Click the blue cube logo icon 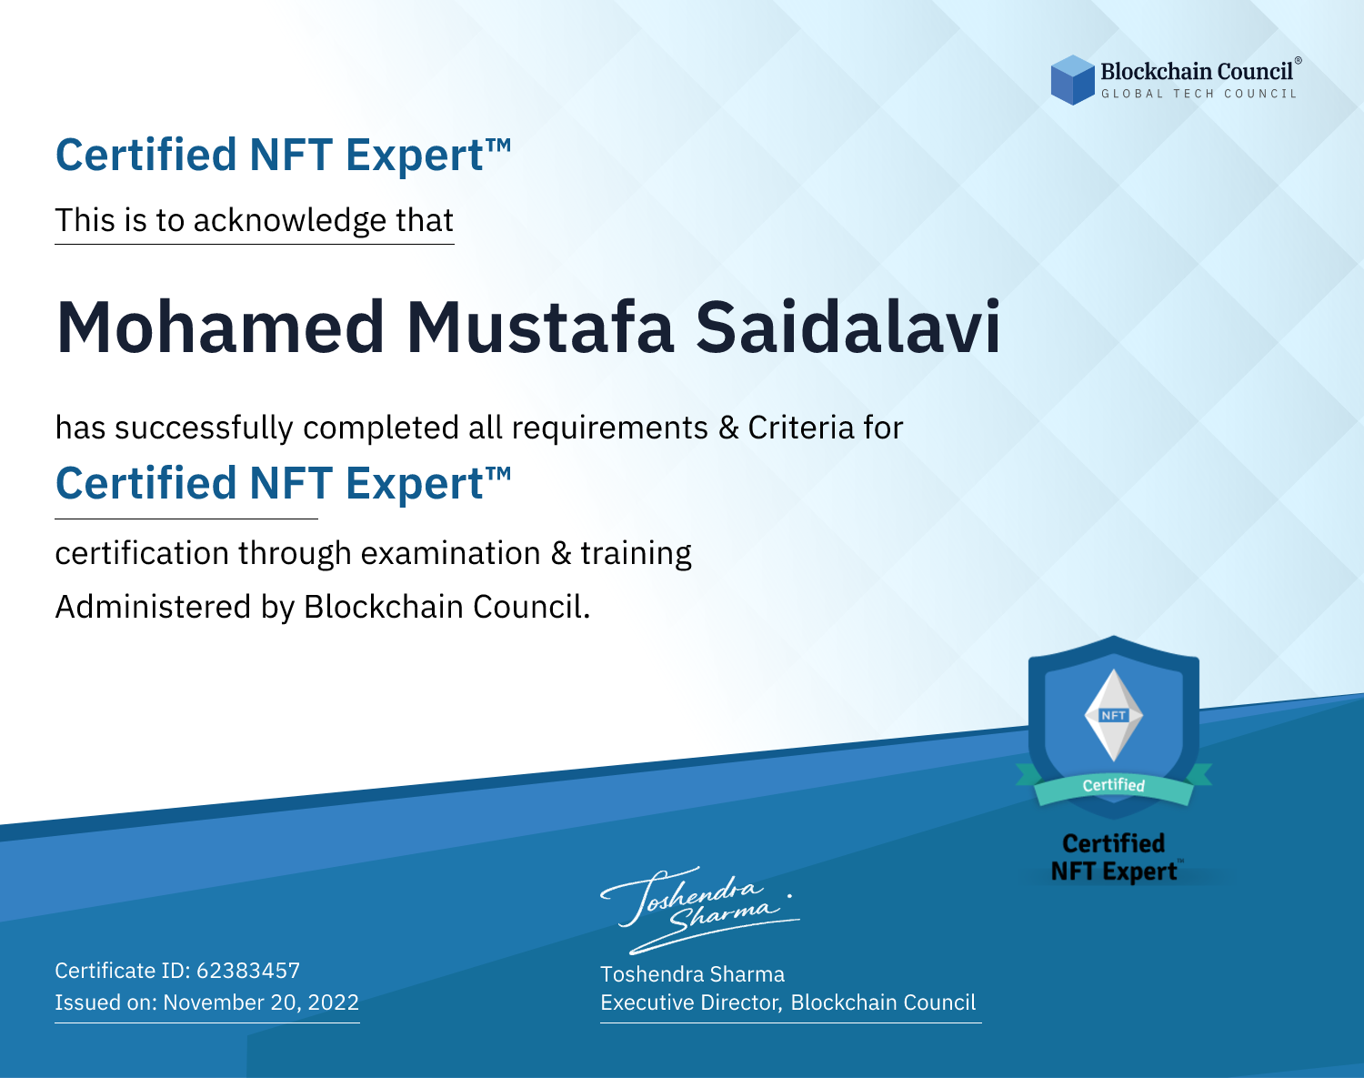click(1072, 80)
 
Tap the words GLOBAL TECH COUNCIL click(1199, 94)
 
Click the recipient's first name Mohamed click(220, 327)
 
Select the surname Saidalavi click(848, 327)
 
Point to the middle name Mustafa click(539, 327)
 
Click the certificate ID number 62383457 click(248, 971)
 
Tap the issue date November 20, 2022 click(261, 1002)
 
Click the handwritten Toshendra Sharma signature click(700, 910)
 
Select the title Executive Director click(689, 1002)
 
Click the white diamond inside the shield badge click(1114, 715)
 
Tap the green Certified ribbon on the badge click(1114, 786)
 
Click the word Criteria click(801, 428)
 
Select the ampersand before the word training click(561, 553)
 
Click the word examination click(451, 553)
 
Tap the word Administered click(153, 607)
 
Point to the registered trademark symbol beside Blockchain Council click(1299, 60)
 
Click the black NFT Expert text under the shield click(1114, 871)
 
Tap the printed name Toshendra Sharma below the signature click(692, 974)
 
